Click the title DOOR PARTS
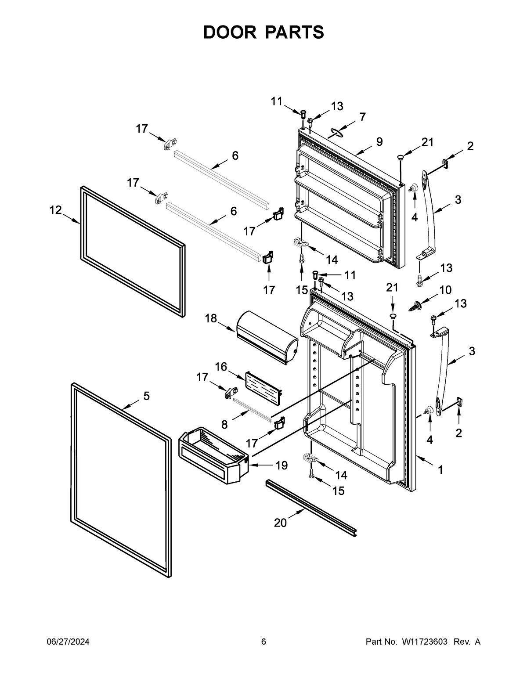click(x=263, y=32)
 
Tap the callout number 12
click(x=55, y=210)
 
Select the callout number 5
click(x=146, y=396)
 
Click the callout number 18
click(x=211, y=318)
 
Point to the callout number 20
click(x=280, y=523)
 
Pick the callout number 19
click(x=281, y=465)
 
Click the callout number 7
click(x=362, y=117)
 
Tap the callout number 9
click(x=379, y=142)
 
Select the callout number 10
click(x=445, y=290)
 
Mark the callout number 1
click(x=440, y=470)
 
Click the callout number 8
click(x=224, y=424)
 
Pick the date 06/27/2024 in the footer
click(x=68, y=642)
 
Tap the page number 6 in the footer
click(x=263, y=642)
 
